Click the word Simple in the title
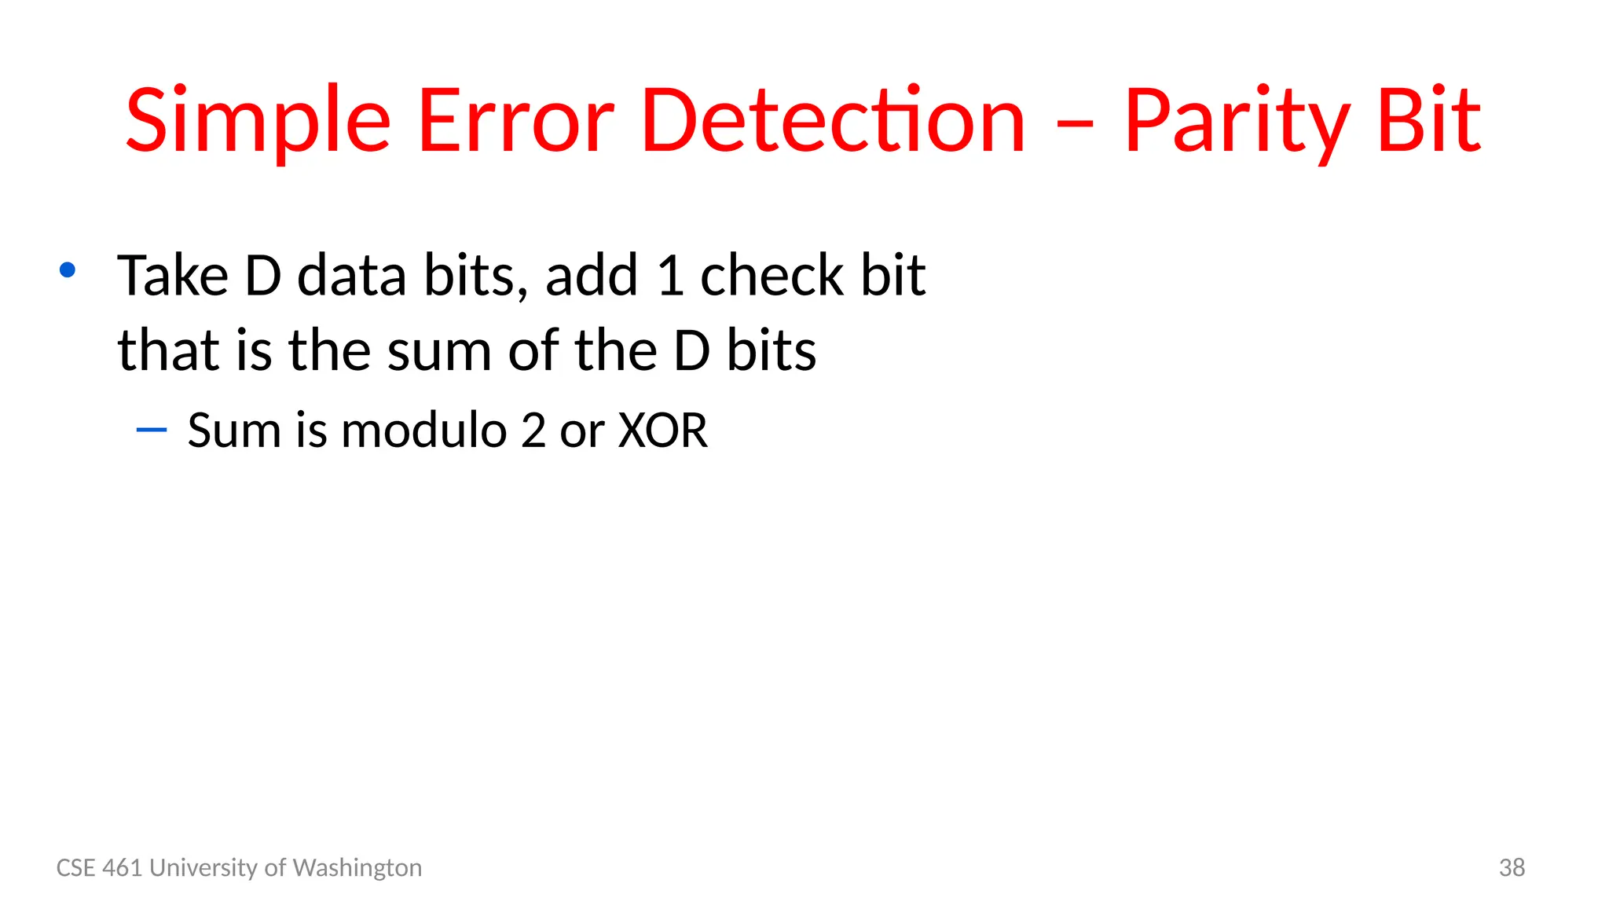pyautogui.click(x=258, y=122)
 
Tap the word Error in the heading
pyautogui.click(x=515, y=122)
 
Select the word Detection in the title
pyautogui.click(x=833, y=122)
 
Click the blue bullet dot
pyautogui.click(x=68, y=270)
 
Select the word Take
pyautogui.click(x=173, y=276)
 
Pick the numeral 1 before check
pyautogui.click(x=670, y=276)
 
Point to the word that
pyautogui.click(x=168, y=350)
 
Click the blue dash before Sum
pyautogui.click(x=151, y=430)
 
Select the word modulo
pyautogui.click(x=424, y=431)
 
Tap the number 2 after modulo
pyautogui.click(x=533, y=431)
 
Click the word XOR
pyautogui.click(x=663, y=431)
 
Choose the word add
pyautogui.click(x=592, y=276)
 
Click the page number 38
pyautogui.click(x=1512, y=867)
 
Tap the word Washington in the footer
pyautogui.click(x=357, y=867)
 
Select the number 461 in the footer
pyautogui.click(x=123, y=867)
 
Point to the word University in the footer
pyautogui.click(x=203, y=867)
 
